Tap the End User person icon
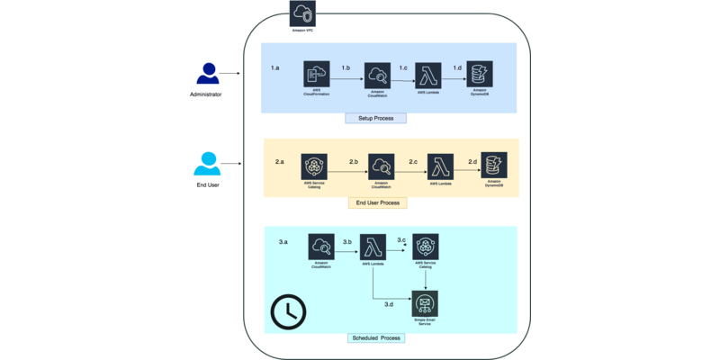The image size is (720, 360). [206, 165]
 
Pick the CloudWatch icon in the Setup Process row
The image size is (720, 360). [378, 75]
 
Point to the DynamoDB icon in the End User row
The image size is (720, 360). [493, 166]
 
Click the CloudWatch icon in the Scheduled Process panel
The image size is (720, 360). [321, 246]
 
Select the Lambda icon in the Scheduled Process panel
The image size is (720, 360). [373, 246]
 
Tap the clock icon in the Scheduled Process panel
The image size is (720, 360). [288, 310]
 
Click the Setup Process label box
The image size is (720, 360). [375, 118]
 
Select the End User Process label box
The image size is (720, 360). [377, 202]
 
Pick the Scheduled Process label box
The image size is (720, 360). [376, 337]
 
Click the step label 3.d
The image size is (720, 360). [389, 305]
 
